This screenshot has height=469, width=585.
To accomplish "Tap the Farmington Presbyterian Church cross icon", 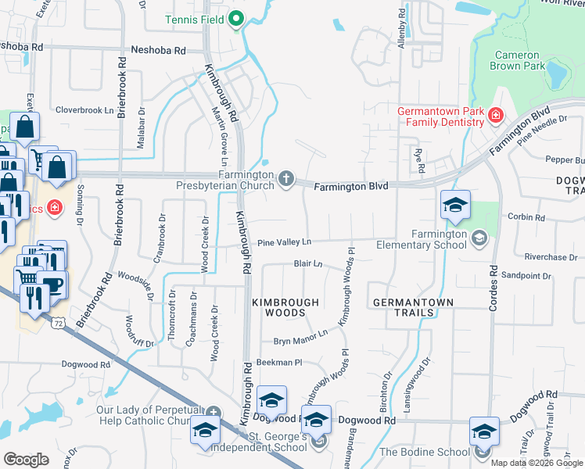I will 286,180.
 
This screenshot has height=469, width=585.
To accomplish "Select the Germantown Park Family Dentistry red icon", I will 494,116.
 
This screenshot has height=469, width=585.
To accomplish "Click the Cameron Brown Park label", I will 516,61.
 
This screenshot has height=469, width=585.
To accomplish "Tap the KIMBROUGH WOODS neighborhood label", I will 285,307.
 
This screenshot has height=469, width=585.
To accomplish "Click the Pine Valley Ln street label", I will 285,242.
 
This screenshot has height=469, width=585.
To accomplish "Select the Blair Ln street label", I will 308,264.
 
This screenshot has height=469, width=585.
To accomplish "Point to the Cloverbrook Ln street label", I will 84,110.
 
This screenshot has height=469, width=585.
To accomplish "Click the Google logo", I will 26,460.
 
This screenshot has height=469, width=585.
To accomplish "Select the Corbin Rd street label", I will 526,217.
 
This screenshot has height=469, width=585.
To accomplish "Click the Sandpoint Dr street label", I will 526,276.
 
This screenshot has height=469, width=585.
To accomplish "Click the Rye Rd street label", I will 420,163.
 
